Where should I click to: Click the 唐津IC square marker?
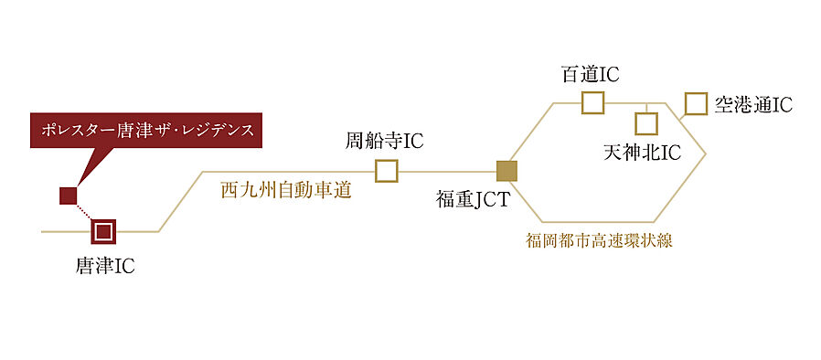103,232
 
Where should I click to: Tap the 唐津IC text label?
105,267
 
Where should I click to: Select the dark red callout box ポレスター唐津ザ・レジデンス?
147,131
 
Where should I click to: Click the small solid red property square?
68,195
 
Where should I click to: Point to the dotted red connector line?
85,213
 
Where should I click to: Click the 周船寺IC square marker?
387,171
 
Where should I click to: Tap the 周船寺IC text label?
384,142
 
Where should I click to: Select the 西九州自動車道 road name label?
286,191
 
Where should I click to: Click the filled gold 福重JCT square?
506,171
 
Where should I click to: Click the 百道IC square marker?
593,101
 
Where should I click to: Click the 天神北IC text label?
643,152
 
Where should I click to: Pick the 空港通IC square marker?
696,103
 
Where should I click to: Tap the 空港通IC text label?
752,104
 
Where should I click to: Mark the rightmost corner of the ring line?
706,155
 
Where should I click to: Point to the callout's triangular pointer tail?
82,169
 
